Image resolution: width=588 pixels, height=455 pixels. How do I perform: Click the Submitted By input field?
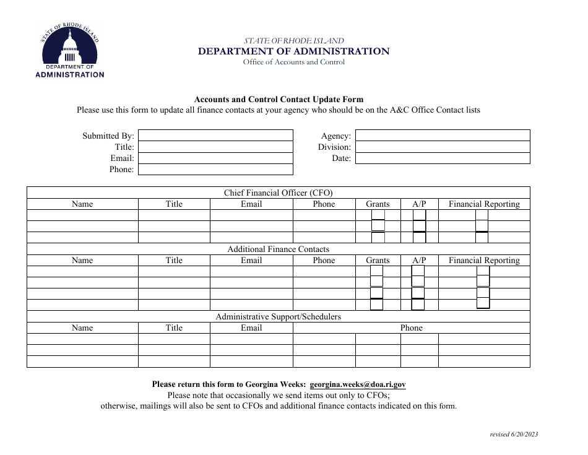pos(215,136)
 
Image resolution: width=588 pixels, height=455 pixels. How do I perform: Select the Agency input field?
pos(442,136)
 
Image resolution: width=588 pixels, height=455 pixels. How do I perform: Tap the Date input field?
pos(442,158)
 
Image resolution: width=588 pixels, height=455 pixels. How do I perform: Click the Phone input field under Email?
pos(215,170)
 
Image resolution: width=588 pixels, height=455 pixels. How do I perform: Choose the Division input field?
pos(442,147)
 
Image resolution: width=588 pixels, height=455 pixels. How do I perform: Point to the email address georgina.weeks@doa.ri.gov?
pos(358,384)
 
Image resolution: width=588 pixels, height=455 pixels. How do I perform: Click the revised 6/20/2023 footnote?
pos(513,435)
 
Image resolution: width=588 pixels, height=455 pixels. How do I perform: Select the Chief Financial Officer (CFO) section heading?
pos(278,193)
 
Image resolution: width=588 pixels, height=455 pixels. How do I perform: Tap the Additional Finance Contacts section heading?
pos(278,249)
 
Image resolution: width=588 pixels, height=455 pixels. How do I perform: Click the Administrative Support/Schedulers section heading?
pos(278,316)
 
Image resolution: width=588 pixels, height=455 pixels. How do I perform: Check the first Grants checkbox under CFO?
pos(378,215)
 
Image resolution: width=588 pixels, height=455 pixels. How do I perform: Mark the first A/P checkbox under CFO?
pos(419,215)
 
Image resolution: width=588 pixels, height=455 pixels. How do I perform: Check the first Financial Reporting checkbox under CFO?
pos(482,215)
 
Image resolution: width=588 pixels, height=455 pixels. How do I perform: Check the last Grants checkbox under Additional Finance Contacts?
pos(376,304)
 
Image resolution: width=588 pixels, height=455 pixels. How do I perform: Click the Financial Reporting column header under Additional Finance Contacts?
pos(484,261)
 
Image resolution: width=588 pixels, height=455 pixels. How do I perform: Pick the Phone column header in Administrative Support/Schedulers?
pos(411,328)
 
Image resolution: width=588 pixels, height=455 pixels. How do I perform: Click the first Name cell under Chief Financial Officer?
pos(82,215)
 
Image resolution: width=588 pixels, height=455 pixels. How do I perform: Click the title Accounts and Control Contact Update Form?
pos(279,99)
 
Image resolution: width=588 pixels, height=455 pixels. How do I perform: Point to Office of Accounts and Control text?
pos(293,62)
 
